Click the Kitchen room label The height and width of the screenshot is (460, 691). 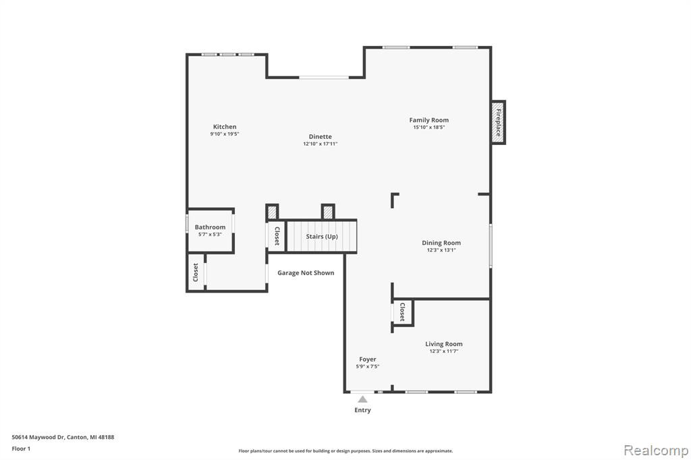[225, 127]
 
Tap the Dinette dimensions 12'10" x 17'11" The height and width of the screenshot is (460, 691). [321, 144]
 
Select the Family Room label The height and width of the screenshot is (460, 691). [429, 120]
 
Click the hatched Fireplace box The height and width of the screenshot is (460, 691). [498, 123]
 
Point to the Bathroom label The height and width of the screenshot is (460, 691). [211, 227]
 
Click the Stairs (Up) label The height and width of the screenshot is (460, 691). [322, 237]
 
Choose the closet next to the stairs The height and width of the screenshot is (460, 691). [277, 235]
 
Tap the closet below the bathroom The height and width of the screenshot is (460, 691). [196, 272]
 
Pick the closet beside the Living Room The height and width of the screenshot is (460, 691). [402, 312]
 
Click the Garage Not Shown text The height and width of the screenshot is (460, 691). [306, 272]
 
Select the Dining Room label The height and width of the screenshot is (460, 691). [441, 243]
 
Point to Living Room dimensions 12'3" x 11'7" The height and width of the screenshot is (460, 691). [444, 351]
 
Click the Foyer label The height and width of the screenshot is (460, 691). [368, 359]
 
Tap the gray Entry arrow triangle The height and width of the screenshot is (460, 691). [362, 400]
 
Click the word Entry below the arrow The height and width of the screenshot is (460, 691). [362, 410]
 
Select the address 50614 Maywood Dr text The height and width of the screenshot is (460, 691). [38, 437]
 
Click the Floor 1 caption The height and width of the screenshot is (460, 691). [21, 449]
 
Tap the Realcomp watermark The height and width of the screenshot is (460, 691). [656, 451]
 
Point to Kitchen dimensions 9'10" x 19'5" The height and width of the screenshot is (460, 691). [225, 134]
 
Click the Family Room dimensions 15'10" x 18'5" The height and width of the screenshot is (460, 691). [429, 127]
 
